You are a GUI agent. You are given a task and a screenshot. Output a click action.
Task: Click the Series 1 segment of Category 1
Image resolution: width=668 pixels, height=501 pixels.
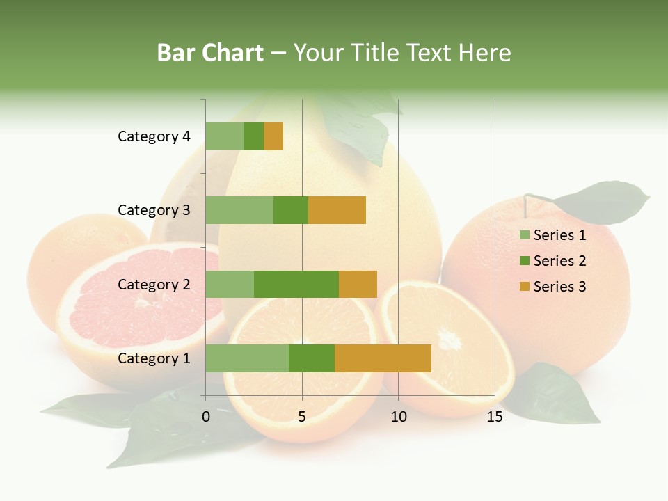247,358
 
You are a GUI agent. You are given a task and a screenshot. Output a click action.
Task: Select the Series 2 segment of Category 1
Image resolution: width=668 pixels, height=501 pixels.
312,358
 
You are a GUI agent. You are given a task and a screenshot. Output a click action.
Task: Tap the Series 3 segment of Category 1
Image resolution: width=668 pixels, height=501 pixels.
383,358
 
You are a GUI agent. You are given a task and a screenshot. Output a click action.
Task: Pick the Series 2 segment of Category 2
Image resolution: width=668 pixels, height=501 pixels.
296,284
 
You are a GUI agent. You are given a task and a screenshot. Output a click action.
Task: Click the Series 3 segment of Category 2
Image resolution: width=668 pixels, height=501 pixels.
358,284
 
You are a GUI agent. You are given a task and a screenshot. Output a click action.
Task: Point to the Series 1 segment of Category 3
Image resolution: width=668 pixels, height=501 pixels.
239,210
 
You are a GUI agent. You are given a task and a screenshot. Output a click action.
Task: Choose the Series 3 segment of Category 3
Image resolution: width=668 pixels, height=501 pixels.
337,210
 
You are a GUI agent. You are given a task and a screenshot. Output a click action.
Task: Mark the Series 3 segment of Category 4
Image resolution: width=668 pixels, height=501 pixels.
273,136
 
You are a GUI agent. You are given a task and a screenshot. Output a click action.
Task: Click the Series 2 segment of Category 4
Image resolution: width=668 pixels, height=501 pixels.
254,136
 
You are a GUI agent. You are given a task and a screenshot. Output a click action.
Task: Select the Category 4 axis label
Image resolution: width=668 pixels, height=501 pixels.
154,136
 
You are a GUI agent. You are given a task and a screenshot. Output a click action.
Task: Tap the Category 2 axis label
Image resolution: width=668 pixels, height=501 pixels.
154,284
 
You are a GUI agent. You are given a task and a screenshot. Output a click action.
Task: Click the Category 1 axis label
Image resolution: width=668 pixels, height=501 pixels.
154,358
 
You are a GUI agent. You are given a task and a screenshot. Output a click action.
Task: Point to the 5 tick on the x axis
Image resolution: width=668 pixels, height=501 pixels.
302,417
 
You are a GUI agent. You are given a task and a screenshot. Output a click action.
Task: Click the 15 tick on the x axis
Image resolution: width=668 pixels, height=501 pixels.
495,417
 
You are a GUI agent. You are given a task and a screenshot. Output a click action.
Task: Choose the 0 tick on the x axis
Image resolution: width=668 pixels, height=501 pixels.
206,417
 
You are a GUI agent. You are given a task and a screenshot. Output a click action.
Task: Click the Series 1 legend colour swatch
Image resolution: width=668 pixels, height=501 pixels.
524,235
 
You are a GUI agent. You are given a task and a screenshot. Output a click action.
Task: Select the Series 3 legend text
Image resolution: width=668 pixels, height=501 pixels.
559,287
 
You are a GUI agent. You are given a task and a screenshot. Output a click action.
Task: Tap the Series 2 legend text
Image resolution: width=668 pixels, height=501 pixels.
559,261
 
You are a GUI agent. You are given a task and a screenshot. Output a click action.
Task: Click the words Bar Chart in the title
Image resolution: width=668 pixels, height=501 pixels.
210,53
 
